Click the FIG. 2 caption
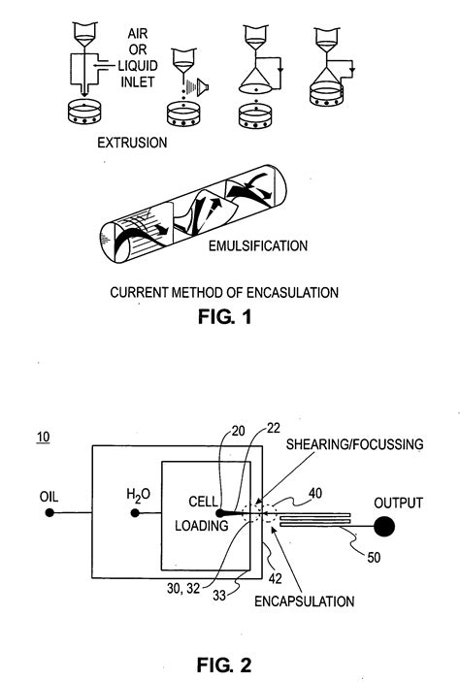(x=225, y=638)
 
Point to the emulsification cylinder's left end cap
(x=110, y=247)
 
